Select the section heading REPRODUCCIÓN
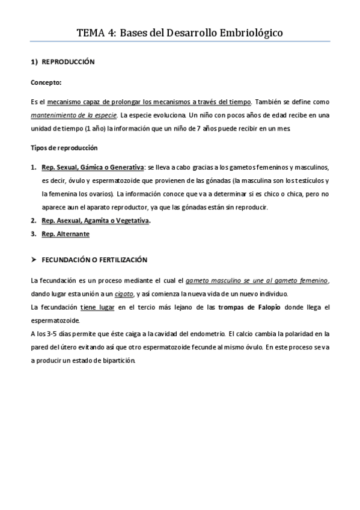68,62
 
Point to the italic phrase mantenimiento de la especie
65,114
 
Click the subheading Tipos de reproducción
64,148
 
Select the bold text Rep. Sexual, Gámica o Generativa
93,167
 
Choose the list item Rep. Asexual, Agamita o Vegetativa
96,221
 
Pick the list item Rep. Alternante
66,234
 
